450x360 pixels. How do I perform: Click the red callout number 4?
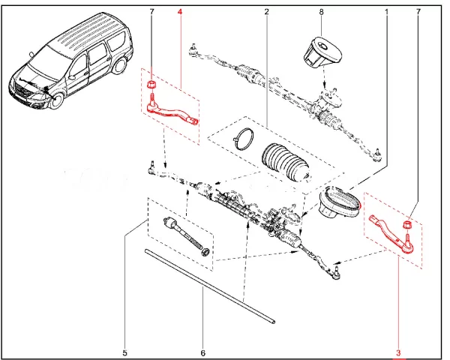coord(179,13)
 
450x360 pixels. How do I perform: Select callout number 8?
coord(321,13)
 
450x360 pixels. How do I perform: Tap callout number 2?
coord(267,13)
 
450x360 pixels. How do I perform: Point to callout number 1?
coord(387,13)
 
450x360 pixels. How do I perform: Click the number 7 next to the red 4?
coord(151,13)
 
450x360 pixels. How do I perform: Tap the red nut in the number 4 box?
coord(152,82)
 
